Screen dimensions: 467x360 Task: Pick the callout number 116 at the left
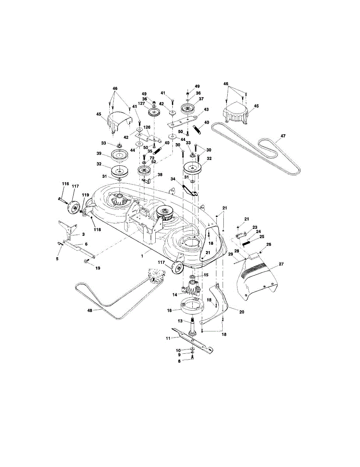point(65,183)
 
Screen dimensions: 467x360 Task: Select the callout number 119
point(85,195)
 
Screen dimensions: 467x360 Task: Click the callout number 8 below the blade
point(180,362)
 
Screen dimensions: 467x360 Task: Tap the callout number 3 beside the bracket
point(83,235)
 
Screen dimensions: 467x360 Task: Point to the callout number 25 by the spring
point(262,237)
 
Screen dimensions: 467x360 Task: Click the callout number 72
point(152,158)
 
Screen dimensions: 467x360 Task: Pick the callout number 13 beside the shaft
point(180,321)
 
